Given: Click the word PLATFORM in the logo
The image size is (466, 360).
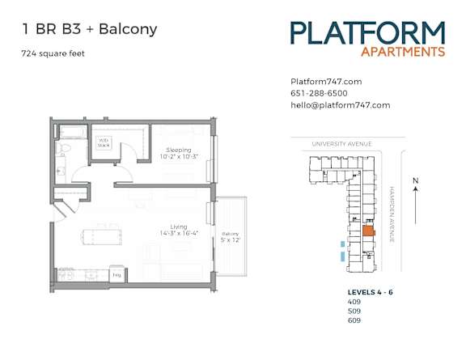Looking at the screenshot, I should click(367, 33).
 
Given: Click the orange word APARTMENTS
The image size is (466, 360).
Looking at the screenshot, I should click(403, 52).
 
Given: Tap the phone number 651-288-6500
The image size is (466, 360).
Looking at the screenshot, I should click(319, 93).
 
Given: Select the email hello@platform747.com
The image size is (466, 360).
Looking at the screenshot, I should click(340, 105).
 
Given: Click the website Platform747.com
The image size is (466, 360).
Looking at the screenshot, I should click(325, 82).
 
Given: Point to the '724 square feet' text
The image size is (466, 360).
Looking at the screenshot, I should click(53, 54).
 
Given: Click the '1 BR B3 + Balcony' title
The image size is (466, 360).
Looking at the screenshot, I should click(89, 30).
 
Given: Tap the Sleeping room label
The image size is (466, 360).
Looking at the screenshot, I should click(179, 150).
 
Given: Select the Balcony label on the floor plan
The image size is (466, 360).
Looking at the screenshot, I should click(231, 235).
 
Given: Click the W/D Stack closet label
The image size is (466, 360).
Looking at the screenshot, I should click(104, 142).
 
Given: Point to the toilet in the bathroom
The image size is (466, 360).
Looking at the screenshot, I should click(68, 151).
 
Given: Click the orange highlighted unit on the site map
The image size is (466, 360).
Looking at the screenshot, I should click(367, 231).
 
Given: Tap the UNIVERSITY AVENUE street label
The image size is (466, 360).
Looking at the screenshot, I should click(341, 144).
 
